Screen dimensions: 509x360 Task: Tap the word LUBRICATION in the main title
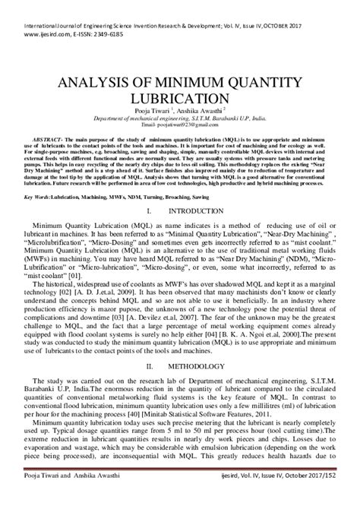point(179,100)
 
